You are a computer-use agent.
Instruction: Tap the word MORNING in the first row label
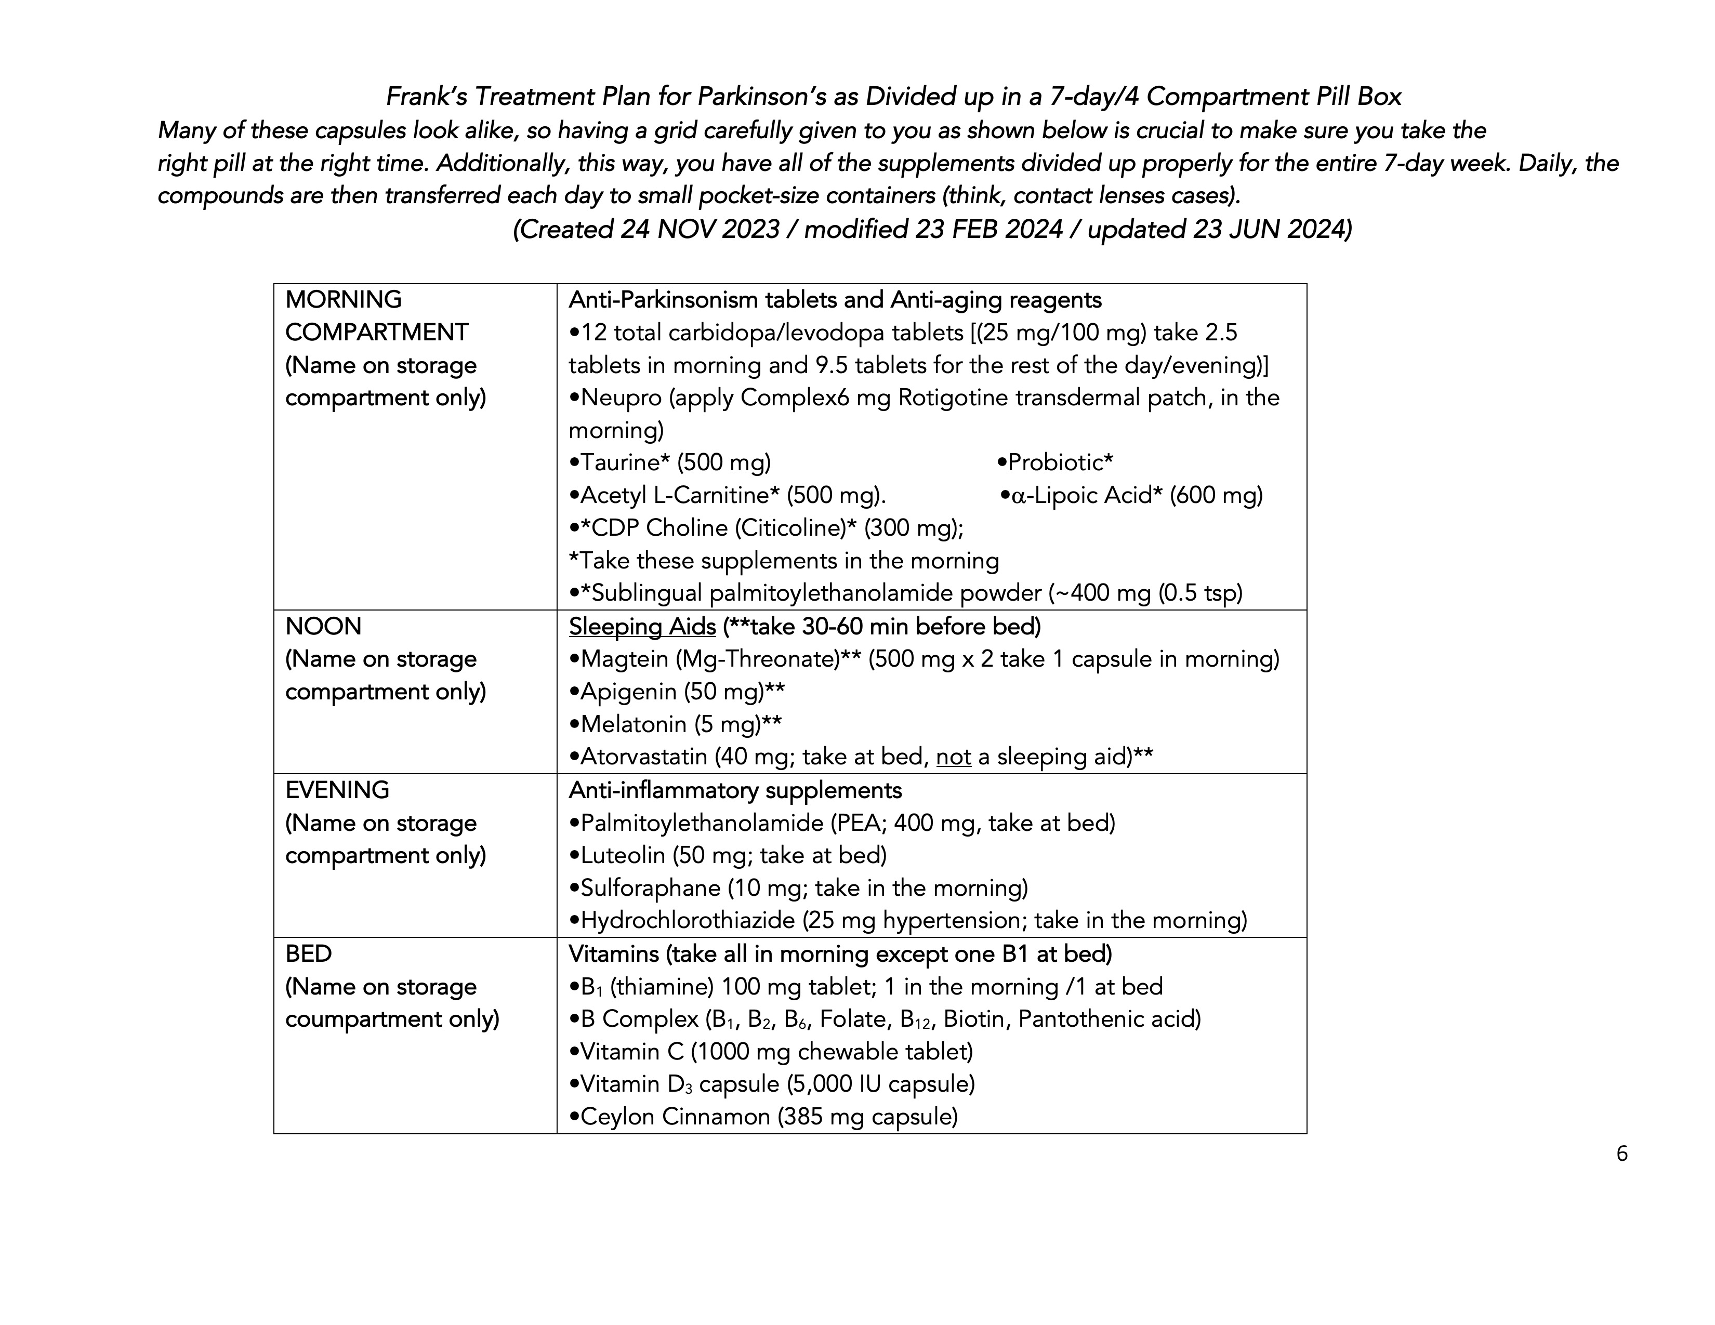point(343,300)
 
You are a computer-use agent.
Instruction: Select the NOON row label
point(324,627)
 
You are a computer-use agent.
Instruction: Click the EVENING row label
point(337,790)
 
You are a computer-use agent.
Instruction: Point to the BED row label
point(309,953)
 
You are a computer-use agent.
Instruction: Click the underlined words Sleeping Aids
point(642,627)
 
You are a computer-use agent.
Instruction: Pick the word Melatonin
point(634,724)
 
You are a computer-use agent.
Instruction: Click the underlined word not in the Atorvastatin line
point(953,757)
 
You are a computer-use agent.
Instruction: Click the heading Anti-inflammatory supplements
point(735,790)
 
